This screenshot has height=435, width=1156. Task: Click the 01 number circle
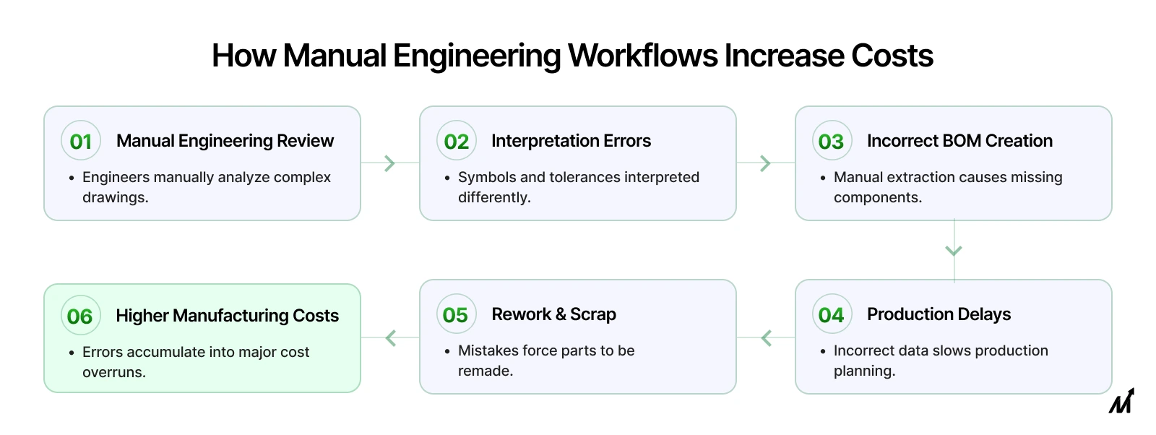81,141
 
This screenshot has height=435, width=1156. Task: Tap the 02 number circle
456,141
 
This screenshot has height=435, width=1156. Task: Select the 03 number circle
832,141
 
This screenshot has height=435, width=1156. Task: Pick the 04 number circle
832,314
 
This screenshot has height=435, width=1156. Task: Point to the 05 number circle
456,314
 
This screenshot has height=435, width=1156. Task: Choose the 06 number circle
80,316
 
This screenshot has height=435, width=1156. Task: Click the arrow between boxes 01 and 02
390,163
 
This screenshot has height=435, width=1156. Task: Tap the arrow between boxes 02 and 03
766,163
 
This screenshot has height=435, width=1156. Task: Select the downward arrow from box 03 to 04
954,251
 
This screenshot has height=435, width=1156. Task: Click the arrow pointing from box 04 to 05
766,337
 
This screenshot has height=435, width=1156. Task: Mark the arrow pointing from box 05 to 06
390,337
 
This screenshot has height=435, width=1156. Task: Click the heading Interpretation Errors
571,141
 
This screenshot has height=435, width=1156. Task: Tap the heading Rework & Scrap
553,314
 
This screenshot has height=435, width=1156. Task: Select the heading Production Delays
939,314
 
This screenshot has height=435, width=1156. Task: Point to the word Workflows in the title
643,56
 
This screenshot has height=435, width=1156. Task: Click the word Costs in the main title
892,56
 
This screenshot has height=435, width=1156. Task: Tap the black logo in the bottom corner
1121,401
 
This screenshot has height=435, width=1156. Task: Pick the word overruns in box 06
114,372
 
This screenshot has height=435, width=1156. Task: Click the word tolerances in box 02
585,177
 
